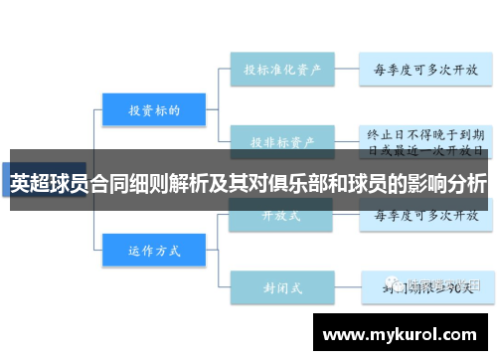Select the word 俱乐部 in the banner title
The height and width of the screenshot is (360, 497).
coord(297,184)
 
